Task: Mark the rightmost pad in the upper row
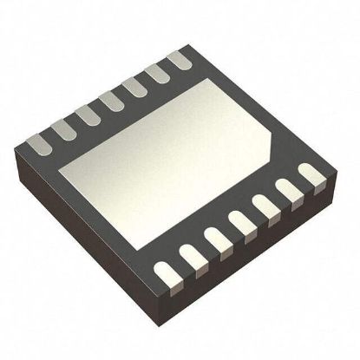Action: [178, 61]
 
